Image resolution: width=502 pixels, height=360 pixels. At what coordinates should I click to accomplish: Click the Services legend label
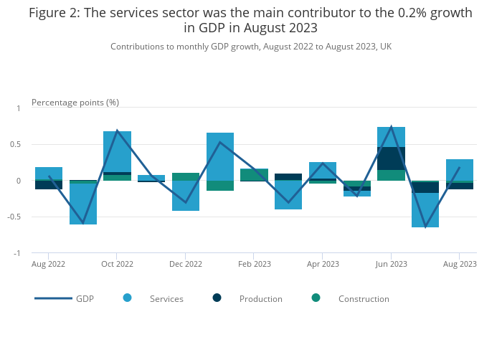coord(166,299)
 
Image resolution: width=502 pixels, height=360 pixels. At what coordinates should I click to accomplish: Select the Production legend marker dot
coord(217,298)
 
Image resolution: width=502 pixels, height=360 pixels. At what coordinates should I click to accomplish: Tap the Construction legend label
coord(364,299)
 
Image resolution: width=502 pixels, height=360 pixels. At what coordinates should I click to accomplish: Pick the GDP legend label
coord(85,299)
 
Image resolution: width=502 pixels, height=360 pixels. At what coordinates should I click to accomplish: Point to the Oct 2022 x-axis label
coord(117,264)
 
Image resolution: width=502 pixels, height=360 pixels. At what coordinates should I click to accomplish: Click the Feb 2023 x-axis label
coord(255,264)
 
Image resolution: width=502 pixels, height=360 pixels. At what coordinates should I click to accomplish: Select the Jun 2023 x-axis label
coord(392,264)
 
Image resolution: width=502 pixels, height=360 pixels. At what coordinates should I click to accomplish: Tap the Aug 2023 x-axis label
coord(460,264)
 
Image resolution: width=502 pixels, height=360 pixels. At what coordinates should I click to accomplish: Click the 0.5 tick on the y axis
coord(16,144)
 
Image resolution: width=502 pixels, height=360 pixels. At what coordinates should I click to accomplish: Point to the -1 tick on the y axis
coord(18,253)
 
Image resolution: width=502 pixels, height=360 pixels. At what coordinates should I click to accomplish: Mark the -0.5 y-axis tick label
coord(15,217)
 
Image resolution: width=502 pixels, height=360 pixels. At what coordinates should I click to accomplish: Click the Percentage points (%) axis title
coord(75,103)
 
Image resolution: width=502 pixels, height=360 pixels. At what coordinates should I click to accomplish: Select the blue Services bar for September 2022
coord(83,204)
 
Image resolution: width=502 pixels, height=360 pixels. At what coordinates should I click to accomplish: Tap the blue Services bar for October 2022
coord(117,151)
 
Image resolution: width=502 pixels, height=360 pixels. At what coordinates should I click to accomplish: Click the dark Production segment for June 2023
coord(392,158)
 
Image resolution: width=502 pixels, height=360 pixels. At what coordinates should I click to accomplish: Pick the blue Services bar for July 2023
coord(425,210)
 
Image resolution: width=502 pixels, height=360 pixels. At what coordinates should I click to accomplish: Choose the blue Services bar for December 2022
coord(186,196)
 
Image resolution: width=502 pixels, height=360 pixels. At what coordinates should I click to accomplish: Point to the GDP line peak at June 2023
coord(392,127)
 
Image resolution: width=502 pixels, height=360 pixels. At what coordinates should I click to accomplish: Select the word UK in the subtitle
coord(385,47)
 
